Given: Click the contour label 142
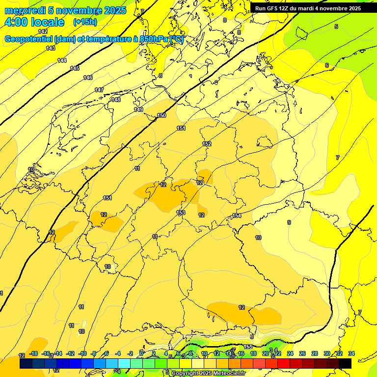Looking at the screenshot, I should tap(43, 31).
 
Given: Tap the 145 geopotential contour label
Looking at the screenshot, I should tap(75, 68).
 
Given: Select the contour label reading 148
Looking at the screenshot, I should tap(116, 100).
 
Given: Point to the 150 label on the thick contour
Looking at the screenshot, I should tap(162, 116).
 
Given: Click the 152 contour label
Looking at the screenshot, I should tap(207, 144).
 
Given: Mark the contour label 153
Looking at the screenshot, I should tap(181, 213).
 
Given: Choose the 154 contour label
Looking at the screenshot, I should tap(237, 216).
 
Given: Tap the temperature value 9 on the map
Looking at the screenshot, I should tap(289, 222).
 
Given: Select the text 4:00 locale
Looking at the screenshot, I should tap(34, 22).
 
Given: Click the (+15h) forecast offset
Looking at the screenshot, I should tap(84, 22).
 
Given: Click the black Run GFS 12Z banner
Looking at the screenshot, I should tap(308, 8).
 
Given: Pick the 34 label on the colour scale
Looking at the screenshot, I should tap(351, 353).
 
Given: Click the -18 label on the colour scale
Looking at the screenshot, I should tap(33, 353).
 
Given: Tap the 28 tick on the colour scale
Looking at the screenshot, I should tap(315, 353).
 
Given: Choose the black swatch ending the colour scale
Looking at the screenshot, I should tap(345, 363).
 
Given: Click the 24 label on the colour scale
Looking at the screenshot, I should tap(290, 353).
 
